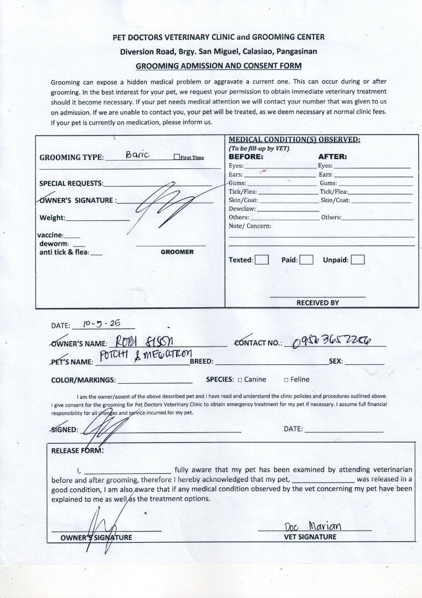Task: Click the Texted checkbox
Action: (x=262, y=260)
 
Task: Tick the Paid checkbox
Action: (x=307, y=260)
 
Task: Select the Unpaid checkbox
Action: (x=358, y=260)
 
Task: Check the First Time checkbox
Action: (x=177, y=157)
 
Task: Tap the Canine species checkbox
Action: (x=240, y=380)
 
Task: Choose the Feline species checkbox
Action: (x=286, y=380)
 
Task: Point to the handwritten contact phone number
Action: (x=333, y=341)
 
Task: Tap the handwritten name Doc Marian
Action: (x=312, y=525)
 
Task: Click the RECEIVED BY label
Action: (x=317, y=303)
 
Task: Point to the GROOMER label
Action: (x=177, y=252)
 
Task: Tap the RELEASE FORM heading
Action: (x=77, y=450)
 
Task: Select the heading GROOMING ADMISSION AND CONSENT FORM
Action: (x=219, y=66)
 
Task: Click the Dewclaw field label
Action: (x=243, y=209)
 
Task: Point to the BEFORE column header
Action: (x=246, y=157)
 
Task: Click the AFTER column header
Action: (x=332, y=157)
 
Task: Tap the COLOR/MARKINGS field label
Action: (x=83, y=380)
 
